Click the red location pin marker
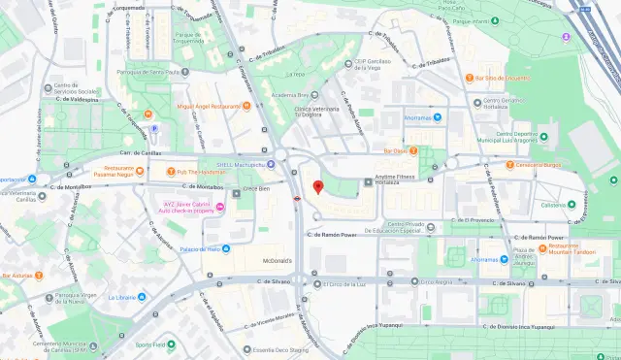point(317,186)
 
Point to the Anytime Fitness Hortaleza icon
point(366,181)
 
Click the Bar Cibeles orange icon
point(413,150)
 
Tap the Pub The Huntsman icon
point(169,172)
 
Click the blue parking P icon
point(152,127)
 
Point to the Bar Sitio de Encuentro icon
point(468,78)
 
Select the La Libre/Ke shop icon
point(142,297)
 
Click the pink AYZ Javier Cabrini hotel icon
point(220,207)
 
